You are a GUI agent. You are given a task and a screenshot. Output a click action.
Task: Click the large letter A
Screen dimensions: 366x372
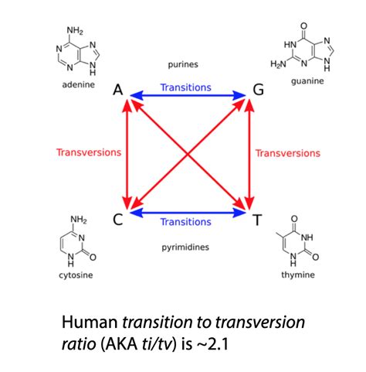click(118, 90)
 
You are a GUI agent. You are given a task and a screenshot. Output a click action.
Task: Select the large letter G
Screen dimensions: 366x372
click(259, 90)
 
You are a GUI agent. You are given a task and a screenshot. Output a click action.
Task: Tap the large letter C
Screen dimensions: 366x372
click(118, 220)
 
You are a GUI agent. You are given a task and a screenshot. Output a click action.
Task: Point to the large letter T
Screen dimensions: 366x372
click(257, 220)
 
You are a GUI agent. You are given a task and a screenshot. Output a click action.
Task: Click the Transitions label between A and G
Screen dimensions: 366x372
click(186, 87)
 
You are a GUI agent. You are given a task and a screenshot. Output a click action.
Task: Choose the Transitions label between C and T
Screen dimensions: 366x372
click(186, 222)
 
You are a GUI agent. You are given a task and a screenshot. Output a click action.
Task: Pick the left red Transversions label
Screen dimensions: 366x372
click(89, 152)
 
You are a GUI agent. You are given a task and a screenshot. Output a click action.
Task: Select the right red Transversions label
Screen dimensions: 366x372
click(288, 153)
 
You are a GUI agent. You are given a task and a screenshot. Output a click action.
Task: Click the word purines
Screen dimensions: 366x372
click(183, 64)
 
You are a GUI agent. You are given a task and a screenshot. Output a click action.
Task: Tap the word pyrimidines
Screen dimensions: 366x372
click(185, 247)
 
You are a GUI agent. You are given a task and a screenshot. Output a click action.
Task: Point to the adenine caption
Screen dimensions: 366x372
click(79, 84)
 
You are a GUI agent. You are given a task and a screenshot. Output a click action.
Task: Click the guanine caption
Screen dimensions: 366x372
click(307, 81)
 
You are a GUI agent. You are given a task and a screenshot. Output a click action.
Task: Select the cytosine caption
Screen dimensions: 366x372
click(76, 275)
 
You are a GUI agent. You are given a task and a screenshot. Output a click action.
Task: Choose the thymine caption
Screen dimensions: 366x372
click(298, 275)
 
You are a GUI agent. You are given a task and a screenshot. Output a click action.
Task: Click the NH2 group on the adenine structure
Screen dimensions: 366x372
click(75, 31)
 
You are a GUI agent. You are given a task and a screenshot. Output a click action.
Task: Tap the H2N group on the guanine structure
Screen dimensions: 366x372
click(278, 64)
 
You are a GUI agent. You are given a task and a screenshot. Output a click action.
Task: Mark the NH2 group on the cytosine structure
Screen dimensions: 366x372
click(79, 220)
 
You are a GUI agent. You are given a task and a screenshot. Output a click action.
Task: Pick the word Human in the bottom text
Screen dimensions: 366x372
click(90, 323)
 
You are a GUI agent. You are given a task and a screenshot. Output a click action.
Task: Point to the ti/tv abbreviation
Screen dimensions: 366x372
click(157, 344)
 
